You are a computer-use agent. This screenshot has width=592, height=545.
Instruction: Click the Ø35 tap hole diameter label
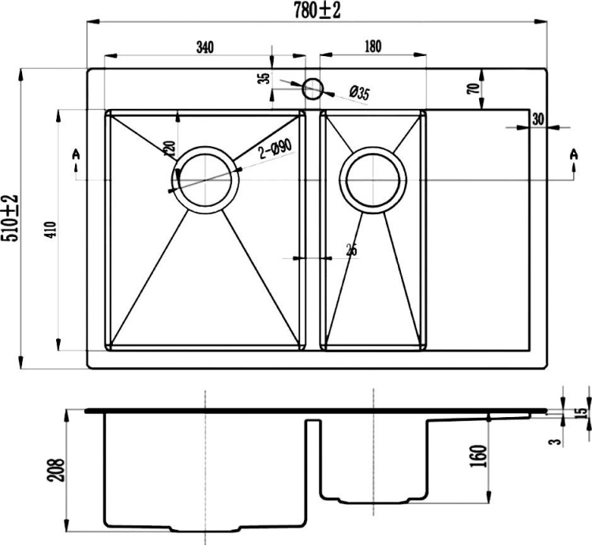tap(359, 94)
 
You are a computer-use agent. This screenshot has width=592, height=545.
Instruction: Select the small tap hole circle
tap(313, 88)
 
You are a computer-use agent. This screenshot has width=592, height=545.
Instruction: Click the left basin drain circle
tap(206, 179)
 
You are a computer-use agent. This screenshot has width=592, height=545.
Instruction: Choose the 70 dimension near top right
tap(473, 88)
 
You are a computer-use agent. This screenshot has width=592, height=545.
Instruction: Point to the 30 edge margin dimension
tap(538, 119)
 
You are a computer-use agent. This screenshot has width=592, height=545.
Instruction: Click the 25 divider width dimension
tap(351, 250)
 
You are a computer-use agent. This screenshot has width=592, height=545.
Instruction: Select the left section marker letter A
tap(76, 153)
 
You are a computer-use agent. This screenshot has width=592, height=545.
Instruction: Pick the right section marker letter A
tap(573, 153)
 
